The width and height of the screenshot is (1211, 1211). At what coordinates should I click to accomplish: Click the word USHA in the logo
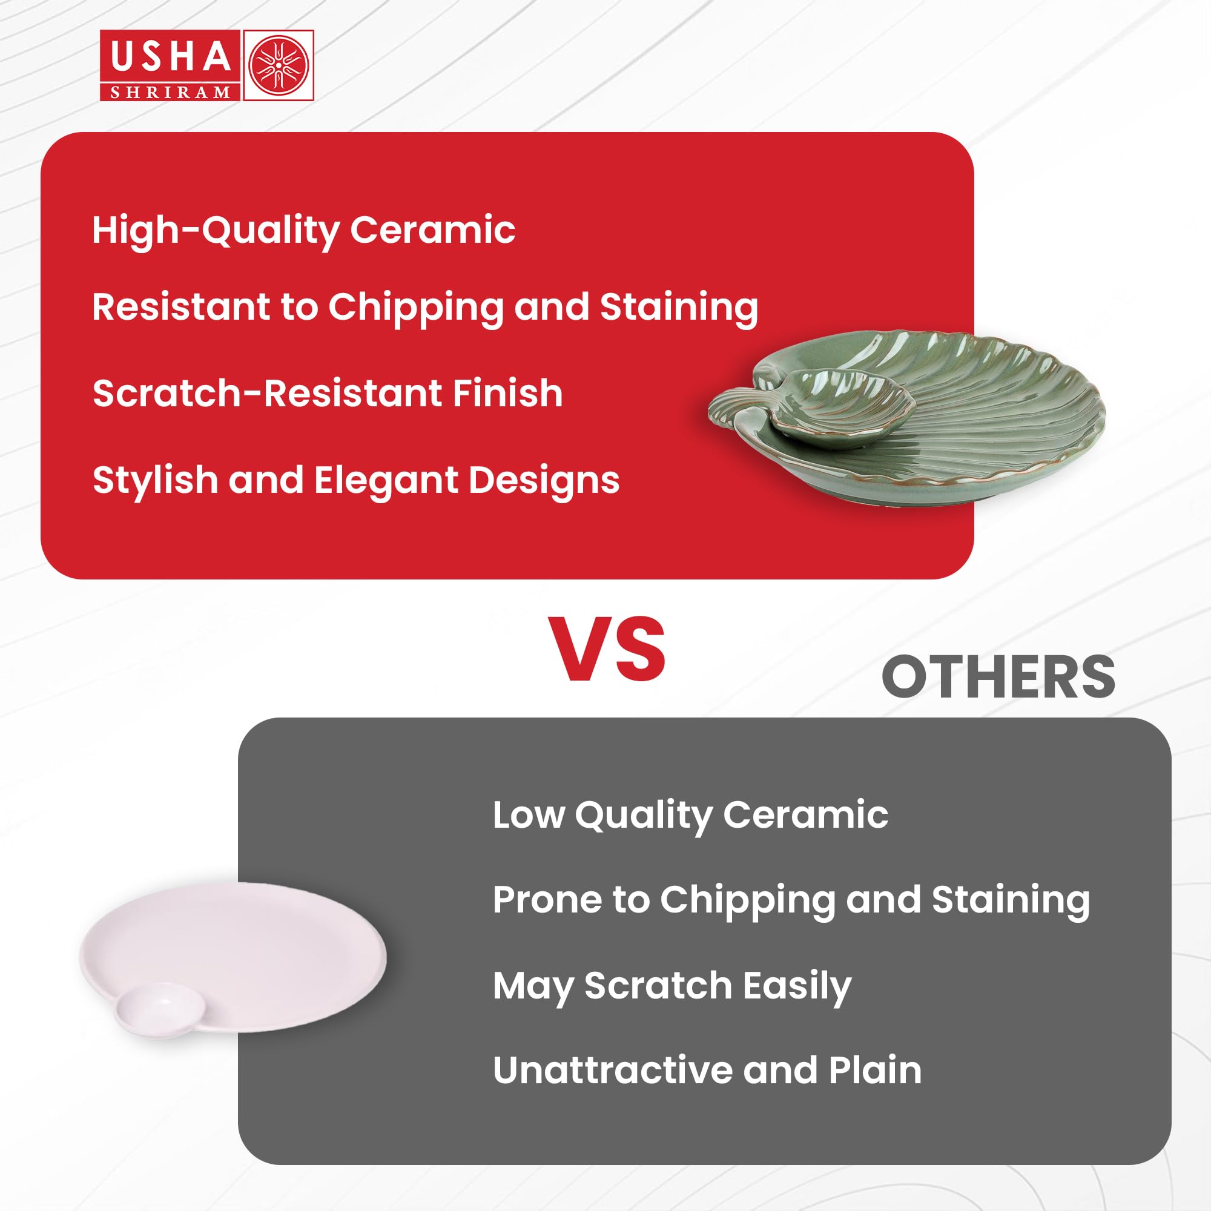pos(171,56)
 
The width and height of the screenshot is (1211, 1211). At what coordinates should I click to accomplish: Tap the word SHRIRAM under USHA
pos(171,93)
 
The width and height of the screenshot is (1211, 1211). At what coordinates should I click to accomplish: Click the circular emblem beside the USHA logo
pos(279,65)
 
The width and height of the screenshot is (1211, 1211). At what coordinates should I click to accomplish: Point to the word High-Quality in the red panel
pos(216,231)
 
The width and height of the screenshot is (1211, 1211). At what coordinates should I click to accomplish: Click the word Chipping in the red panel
pos(415,308)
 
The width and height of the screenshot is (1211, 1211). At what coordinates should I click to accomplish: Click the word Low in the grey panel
pos(528,815)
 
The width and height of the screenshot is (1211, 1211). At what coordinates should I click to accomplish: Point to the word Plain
pos(875,1070)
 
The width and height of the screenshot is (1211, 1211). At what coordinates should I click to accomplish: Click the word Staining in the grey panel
pos(1011,901)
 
